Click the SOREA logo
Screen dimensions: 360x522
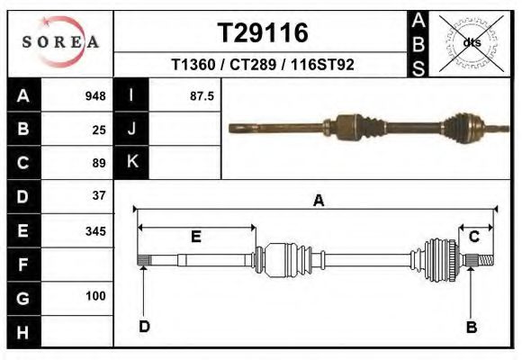pos(60,42)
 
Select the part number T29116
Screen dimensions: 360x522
pos(263,33)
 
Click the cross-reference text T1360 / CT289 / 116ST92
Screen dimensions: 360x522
pos(263,66)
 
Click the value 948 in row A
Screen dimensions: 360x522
pos(94,96)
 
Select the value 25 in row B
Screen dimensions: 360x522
pos(99,130)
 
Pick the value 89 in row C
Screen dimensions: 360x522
pos(99,163)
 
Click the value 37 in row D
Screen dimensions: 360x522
pos(99,195)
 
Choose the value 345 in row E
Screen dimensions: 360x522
pos(94,230)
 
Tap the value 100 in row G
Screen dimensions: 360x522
pos(94,296)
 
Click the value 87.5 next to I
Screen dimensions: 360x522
pos(202,96)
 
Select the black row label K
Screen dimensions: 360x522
pos(131,163)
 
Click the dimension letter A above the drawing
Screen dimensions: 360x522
pos(318,202)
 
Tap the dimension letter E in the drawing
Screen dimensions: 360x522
pos(195,237)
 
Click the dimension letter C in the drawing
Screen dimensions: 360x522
pos(473,237)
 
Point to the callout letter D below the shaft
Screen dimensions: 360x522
pos(144,327)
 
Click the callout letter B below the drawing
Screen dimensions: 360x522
pos(471,328)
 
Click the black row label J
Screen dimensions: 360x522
pos(131,130)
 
